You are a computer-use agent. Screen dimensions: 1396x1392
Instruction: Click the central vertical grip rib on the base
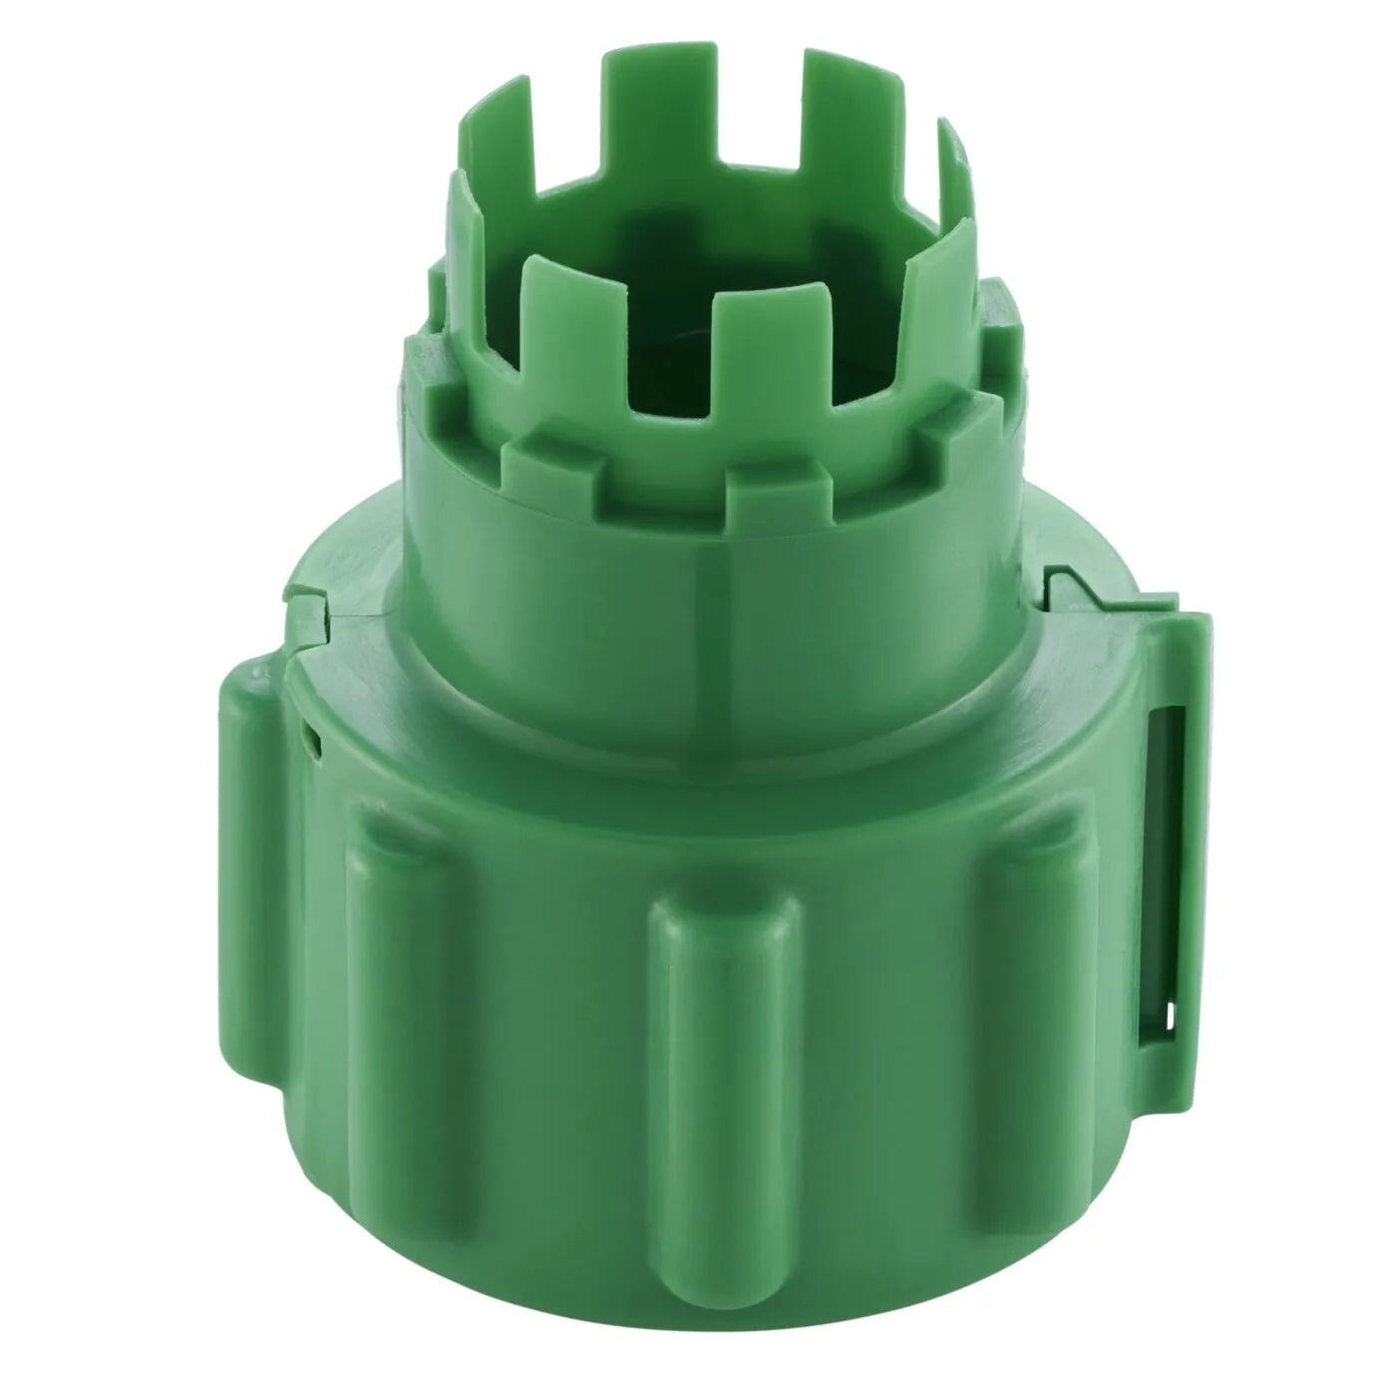(725, 1037)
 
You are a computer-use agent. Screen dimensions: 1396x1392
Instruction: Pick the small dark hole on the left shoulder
(311, 739)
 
